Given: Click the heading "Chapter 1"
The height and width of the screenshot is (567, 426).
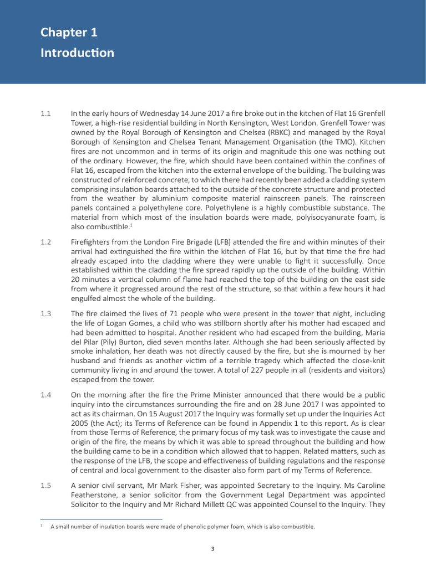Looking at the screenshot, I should [69, 33].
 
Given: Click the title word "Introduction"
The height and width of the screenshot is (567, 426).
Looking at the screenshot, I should [77, 53].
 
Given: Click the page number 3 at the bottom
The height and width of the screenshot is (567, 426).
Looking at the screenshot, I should [212, 549].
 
